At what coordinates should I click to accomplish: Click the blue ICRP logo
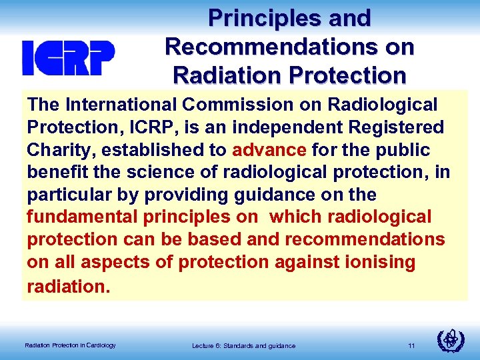(x=68, y=57)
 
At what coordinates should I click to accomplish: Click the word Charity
(x=59, y=149)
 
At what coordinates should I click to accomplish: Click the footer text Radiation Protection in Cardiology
(x=70, y=345)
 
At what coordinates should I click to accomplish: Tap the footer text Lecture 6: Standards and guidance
(x=243, y=345)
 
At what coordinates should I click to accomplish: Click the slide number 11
(x=411, y=345)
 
